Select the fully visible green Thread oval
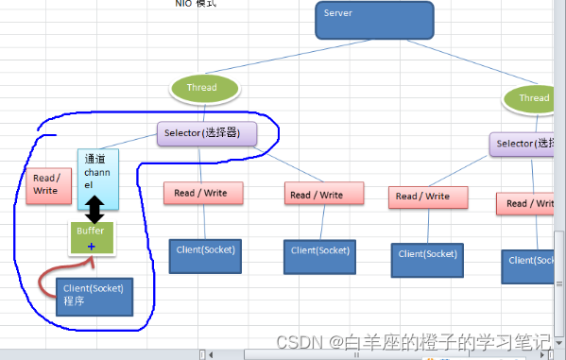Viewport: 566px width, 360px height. click(x=201, y=88)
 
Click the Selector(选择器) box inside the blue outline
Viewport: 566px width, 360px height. click(x=206, y=133)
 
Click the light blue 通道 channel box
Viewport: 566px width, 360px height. click(x=98, y=178)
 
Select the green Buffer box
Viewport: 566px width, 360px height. click(x=92, y=237)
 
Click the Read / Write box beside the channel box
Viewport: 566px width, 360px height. click(x=46, y=184)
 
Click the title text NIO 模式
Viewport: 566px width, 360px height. click(x=197, y=4)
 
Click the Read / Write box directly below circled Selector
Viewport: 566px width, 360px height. click(x=202, y=193)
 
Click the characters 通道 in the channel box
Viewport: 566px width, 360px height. click(x=94, y=160)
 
